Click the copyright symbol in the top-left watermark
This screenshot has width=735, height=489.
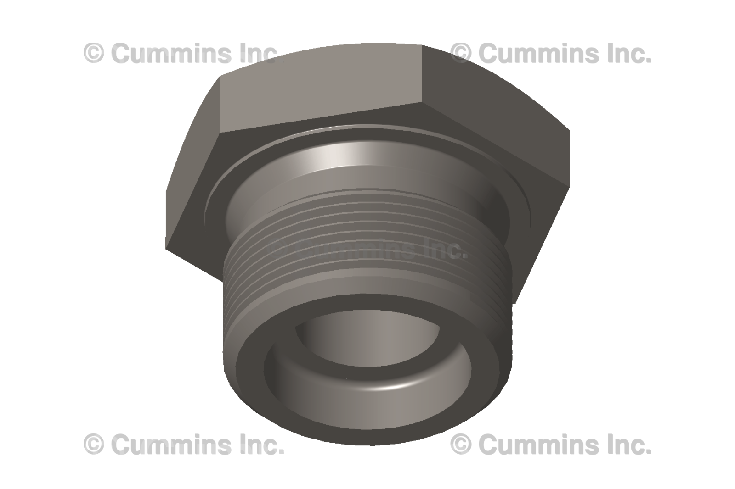[94, 53]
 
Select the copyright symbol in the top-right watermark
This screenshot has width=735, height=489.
[461, 53]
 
